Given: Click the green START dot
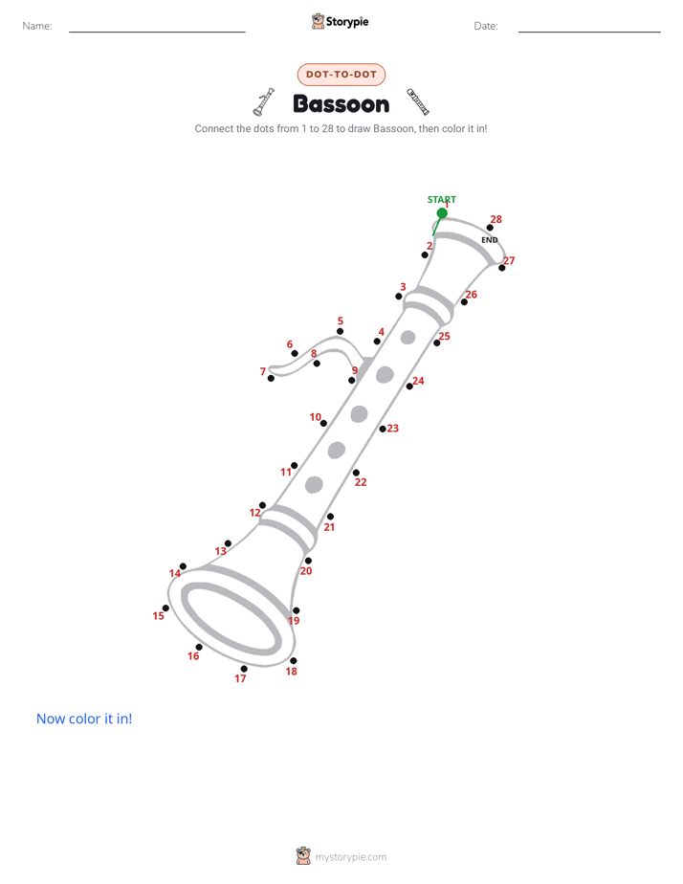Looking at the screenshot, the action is click(x=442, y=213).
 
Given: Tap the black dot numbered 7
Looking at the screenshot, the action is click(x=271, y=378).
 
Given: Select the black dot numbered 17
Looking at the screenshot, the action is click(x=244, y=669).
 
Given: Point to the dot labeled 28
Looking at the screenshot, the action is click(x=491, y=228).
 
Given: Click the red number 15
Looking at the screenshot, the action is click(x=159, y=616).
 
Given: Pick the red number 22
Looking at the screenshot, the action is click(x=361, y=482).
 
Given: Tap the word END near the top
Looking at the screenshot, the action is click(x=489, y=240).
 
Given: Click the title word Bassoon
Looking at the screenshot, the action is click(x=341, y=104).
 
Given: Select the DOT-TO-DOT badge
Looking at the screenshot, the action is click(x=341, y=75).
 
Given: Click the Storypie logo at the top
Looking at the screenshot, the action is click(x=341, y=21).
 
